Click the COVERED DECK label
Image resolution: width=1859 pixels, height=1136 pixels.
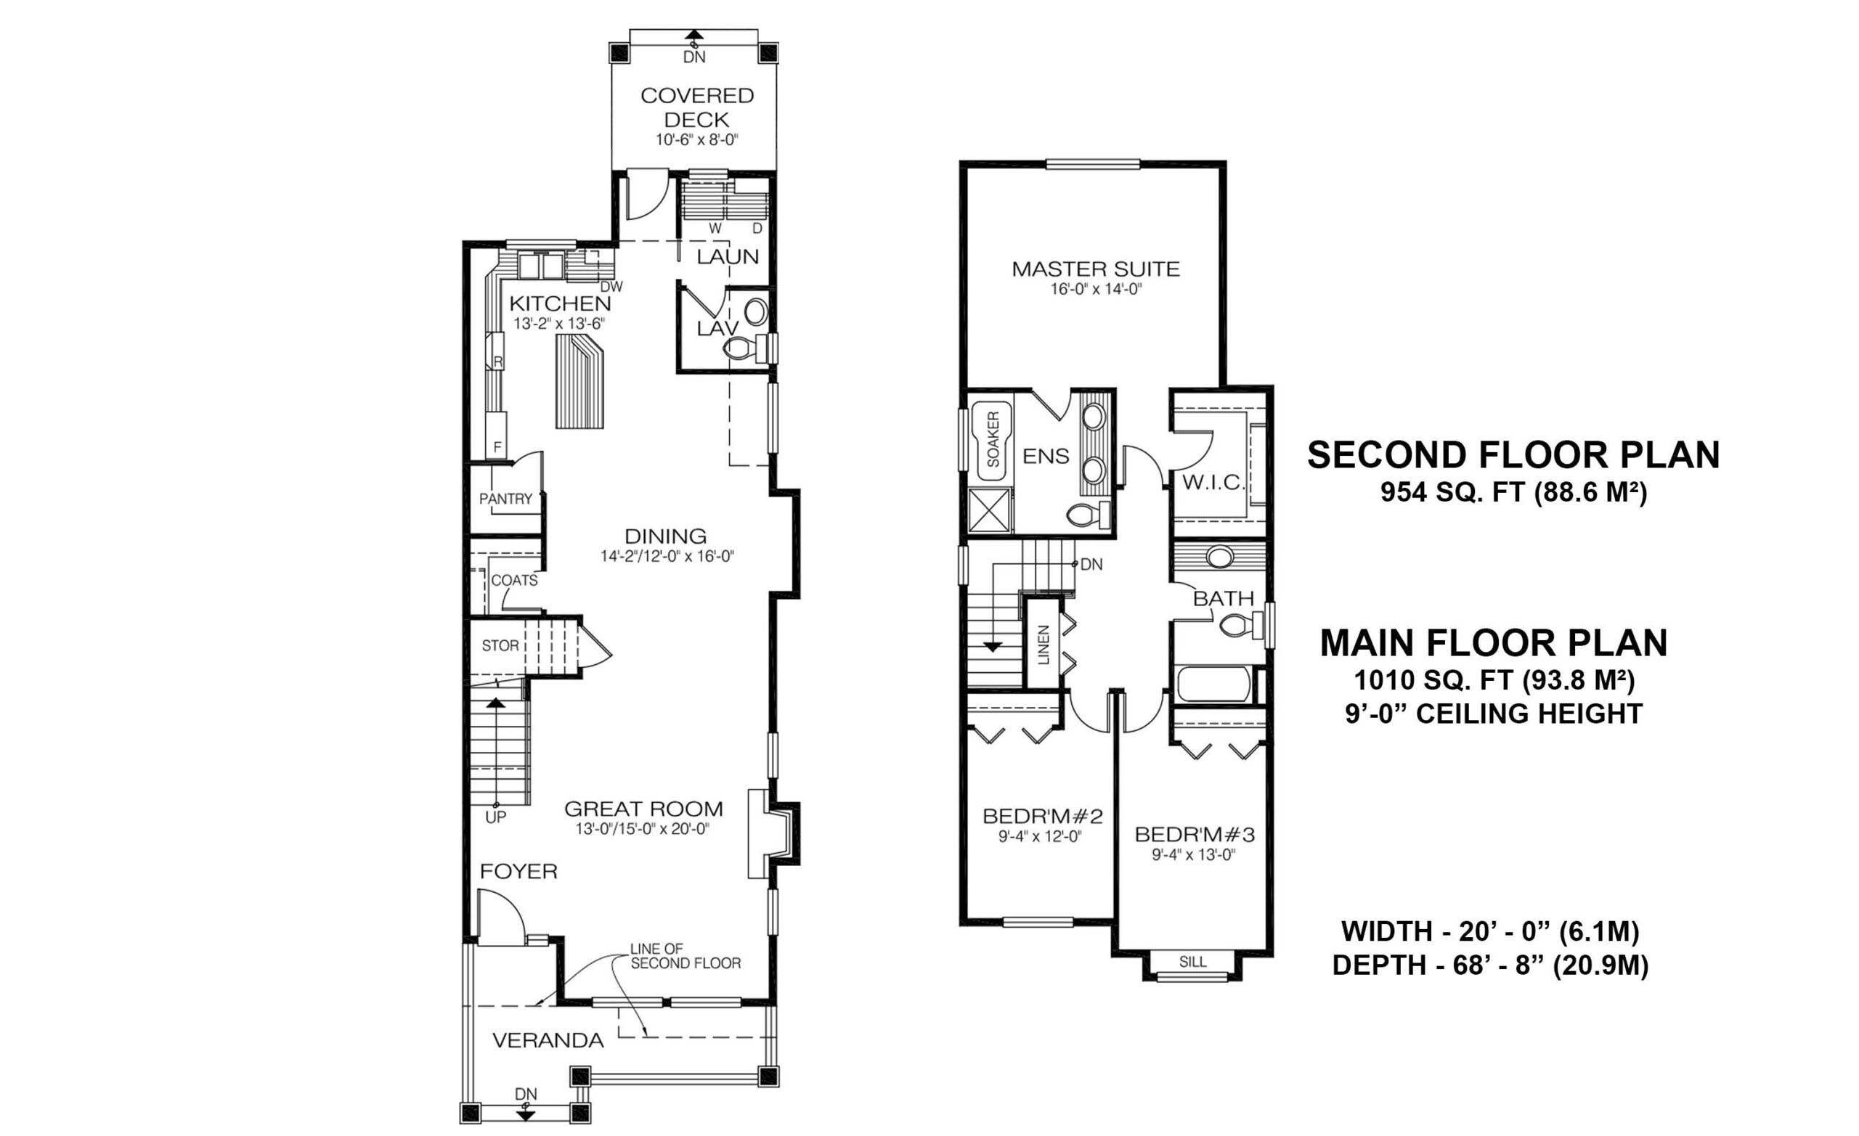click(x=696, y=107)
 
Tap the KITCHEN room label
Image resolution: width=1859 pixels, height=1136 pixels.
click(x=560, y=303)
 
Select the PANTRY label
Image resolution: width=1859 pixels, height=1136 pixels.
click(x=505, y=499)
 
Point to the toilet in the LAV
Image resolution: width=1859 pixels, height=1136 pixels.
click(x=743, y=348)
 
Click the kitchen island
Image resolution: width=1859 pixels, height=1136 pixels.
click(x=580, y=382)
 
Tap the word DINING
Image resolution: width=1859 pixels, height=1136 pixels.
click(x=665, y=536)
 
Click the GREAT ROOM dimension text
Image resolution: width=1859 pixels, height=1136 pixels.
click(x=642, y=829)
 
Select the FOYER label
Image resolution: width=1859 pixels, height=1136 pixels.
click(x=518, y=872)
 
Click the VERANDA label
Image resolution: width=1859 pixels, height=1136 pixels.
click(x=548, y=1041)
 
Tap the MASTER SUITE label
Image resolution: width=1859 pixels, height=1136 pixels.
click(x=1096, y=269)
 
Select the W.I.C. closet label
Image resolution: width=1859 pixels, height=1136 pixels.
click(x=1212, y=483)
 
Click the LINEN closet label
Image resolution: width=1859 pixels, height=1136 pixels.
click(x=1044, y=645)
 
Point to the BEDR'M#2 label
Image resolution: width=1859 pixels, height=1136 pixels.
click(x=1043, y=816)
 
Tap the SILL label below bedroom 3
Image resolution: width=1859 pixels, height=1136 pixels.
click(x=1192, y=962)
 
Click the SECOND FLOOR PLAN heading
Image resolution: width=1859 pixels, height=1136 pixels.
click(x=1513, y=455)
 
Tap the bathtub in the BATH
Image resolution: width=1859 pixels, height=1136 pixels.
click(x=1215, y=685)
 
